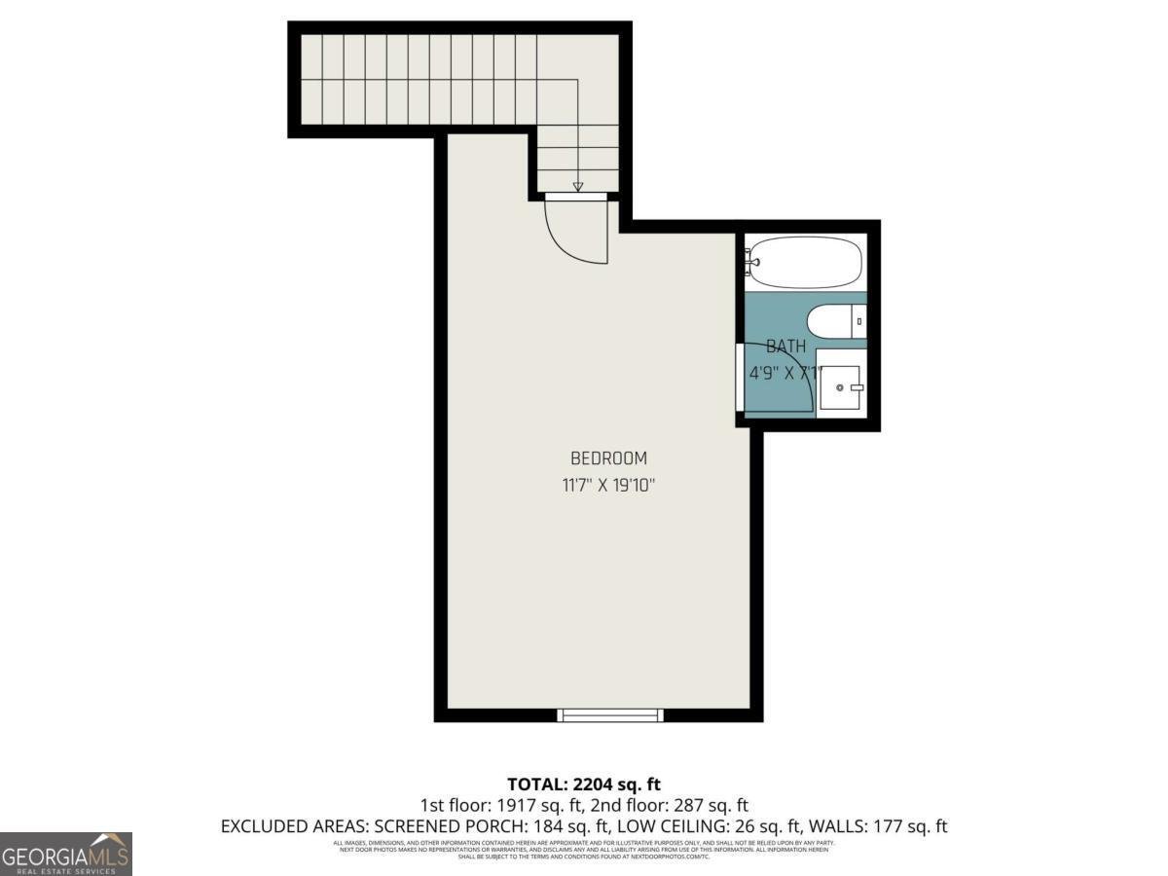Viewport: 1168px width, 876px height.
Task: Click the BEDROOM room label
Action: (608, 458)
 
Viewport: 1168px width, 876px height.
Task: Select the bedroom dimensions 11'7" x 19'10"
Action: (608, 486)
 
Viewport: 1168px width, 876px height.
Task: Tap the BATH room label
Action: (785, 347)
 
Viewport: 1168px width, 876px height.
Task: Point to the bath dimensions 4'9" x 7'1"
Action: (785, 372)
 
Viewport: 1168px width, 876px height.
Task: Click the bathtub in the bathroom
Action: (806, 262)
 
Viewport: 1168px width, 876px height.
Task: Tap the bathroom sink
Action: (840, 387)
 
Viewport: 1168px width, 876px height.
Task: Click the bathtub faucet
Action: (751, 260)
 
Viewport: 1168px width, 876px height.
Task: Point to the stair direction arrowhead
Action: (577, 186)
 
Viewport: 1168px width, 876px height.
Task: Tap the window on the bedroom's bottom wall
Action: (610, 714)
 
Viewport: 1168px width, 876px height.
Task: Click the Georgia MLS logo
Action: (66, 854)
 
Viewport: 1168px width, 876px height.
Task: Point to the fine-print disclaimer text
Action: (584, 849)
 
